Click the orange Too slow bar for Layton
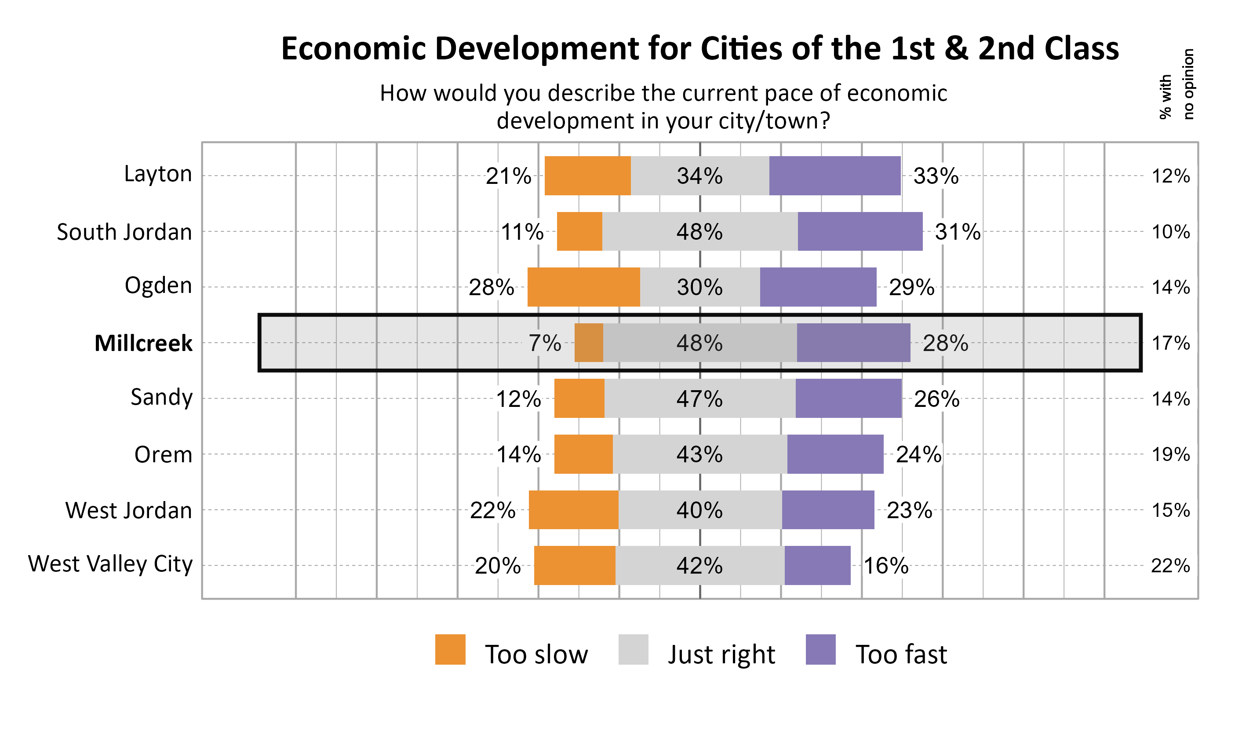(588, 176)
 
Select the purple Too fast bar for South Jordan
(860, 231)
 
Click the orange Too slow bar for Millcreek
(589, 343)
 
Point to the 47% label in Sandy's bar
(699, 399)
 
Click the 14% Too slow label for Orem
(518, 455)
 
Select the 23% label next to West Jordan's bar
(909, 510)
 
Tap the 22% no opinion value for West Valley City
(1170, 566)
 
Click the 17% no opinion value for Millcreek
(1171, 343)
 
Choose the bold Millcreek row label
(143, 344)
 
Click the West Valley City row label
(110, 564)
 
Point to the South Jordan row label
(124, 232)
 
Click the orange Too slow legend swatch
(450, 649)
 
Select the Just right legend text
(721, 655)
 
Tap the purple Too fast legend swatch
(820, 649)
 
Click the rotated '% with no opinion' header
(1177, 84)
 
